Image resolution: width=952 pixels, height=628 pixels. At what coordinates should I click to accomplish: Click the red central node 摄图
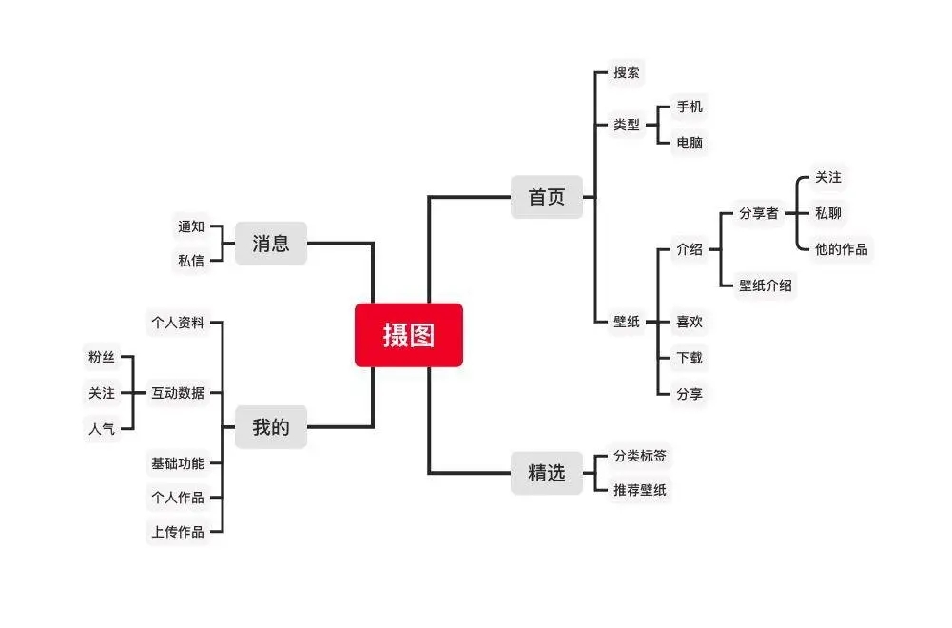pyautogui.click(x=409, y=335)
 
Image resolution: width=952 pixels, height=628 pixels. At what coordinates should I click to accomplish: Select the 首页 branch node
pyautogui.click(x=547, y=197)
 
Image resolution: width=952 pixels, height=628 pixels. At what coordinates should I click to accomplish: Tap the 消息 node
pyautogui.click(x=271, y=244)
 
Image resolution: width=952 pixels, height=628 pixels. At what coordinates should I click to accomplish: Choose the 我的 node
pyautogui.click(x=271, y=427)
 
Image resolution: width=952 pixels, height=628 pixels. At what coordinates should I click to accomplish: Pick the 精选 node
pyautogui.click(x=547, y=472)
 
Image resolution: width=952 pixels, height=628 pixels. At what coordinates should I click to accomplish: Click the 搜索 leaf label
pyautogui.click(x=627, y=72)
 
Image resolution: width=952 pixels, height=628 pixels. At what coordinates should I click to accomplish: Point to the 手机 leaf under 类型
pyautogui.click(x=690, y=107)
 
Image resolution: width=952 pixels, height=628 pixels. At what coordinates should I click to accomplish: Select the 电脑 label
pyautogui.click(x=690, y=143)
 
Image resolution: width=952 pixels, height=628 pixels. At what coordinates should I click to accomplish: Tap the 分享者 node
pyautogui.click(x=759, y=213)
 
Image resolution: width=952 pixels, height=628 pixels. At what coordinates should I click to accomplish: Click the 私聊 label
pyautogui.click(x=828, y=213)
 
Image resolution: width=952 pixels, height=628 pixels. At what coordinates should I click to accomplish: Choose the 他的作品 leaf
pyautogui.click(x=842, y=249)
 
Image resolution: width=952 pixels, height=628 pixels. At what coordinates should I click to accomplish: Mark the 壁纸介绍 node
pyautogui.click(x=766, y=285)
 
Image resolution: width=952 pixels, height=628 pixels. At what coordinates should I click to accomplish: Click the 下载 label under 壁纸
pyautogui.click(x=690, y=358)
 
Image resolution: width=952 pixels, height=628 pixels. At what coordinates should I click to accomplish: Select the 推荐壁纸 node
pyautogui.click(x=640, y=491)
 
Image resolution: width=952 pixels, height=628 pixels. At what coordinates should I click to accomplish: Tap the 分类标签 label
pyautogui.click(x=640, y=456)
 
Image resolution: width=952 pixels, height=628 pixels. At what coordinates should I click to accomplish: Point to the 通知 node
pyautogui.click(x=191, y=226)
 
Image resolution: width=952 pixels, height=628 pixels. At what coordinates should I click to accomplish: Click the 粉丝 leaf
pyautogui.click(x=102, y=357)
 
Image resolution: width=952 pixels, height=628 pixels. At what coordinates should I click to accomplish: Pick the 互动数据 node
pyautogui.click(x=178, y=392)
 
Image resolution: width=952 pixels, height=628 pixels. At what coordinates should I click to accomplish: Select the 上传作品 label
pyautogui.click(x=178, y=532)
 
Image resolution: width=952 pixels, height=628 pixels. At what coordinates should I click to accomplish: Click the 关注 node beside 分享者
pyautogui.click(x=828, y=177)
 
